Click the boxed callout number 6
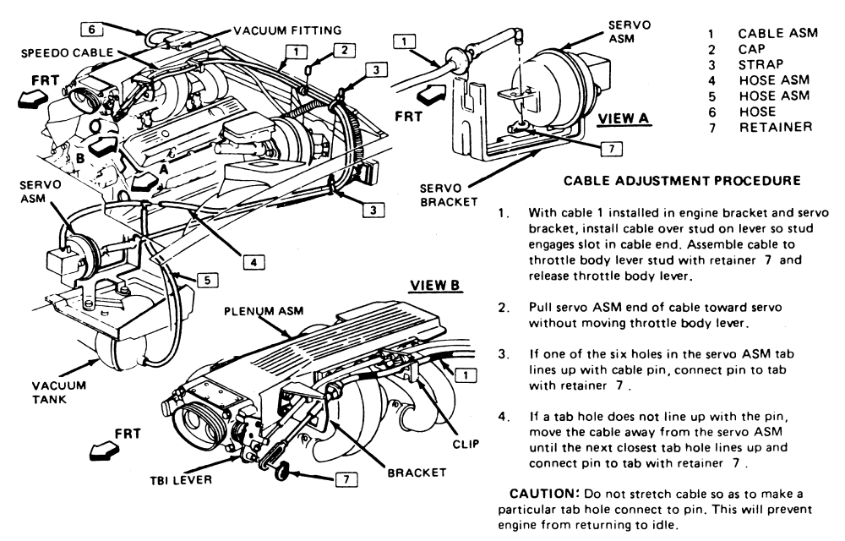pyautogui.click(x=91, y=29)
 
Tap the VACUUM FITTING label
pyautogui.click(x=288, y=30)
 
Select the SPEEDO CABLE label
pyautogui.click(x=68, y=52)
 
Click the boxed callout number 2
pyautogui.click(x=345, y=51)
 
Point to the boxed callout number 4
pyautogui.click(x=253, y=262)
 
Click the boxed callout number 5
pyautogui.click(x=208, y=280)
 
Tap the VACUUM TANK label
pyautogui.click(x=59, y=393)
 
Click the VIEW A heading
pyautogui.click(x=624, y=118)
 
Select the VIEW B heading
pyautogui.click(x=435, y=285)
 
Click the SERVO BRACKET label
pyautogui.click(x=449, y=195)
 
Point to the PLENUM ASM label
pyautogui.click(x=264, y=311)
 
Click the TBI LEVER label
pyautogui.click(x=181, y=479)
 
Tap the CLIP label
pyautogui.click(x=466, y=444)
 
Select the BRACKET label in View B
pyautogui.click(x=417, y=473)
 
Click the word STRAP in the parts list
pyautogui.click(x=761, y=64)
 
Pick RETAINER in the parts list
pyautogui.click(x=776, y=127)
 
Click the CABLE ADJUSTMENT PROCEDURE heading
pyautogui.click(x=682, y=181)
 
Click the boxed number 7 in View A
pyautogui.click(x=612, y=149)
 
